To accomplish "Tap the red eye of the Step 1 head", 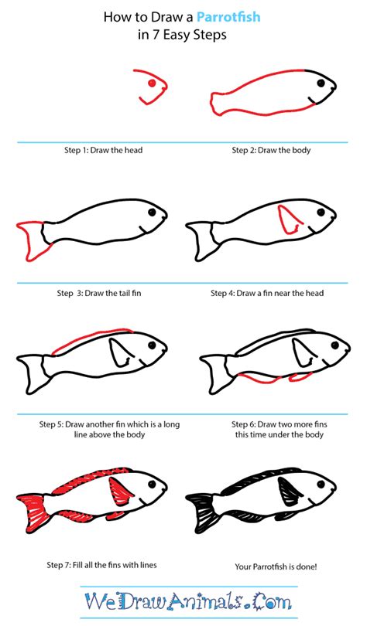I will (x=153, y=82).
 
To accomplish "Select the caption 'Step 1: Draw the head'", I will (x=103, y=150).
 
